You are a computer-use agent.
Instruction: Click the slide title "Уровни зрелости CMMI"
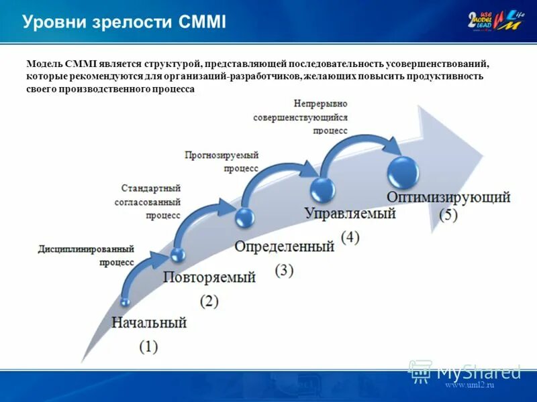(x=124, y=22)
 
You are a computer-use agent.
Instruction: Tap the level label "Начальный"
(x=148, y=323)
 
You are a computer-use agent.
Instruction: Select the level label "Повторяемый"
(x=209, y=277)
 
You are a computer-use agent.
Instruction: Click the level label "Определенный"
(x=284, y=247)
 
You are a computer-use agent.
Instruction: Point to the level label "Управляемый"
(x=350, y=214)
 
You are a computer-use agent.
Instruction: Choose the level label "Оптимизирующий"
(x=448, y=197)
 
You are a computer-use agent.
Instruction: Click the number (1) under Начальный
(x=148, y=346)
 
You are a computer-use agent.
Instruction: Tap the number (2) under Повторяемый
(x=209, y=301)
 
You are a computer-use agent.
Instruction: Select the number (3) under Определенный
(x=284, y=270)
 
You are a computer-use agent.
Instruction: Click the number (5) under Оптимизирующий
(x=448, y=216)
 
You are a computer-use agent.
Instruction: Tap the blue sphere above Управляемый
(x=322, y=188)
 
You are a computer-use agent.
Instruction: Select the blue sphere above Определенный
(x=245, y=216)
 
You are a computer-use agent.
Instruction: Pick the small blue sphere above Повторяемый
(x=178, y=254)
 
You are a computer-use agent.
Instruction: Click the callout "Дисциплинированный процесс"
(x=87, y=255)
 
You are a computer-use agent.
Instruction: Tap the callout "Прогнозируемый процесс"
(x=222, y=162)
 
